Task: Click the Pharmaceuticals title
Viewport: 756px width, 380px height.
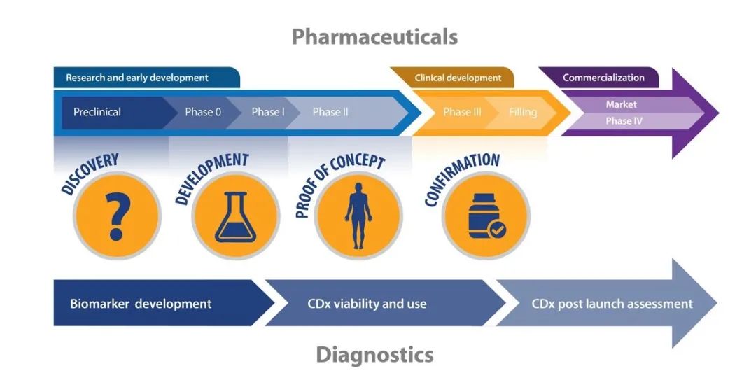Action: (374, 36)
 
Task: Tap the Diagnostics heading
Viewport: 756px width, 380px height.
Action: (374, 355)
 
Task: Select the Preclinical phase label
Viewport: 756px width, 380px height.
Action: (97, 112)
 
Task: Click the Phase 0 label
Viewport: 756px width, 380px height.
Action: (203, 112)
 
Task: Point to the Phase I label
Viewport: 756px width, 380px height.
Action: (268, 112)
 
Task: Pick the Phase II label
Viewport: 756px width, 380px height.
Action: (330, 112)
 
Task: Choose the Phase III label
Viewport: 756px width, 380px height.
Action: (462, 112)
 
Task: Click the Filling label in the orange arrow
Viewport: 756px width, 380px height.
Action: (523, 112)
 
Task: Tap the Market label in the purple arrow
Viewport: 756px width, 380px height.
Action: (622, 104)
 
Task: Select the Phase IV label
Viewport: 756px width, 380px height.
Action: (624, 120)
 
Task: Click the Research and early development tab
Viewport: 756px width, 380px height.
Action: (137, 78)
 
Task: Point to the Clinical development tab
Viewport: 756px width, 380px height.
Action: (458, 78)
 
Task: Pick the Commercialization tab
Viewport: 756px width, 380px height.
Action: (603, 78)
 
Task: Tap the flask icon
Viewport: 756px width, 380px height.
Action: (235, 216)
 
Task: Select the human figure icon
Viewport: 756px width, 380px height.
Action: (358, 215)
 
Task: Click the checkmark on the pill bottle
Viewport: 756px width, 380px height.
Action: (497, 230)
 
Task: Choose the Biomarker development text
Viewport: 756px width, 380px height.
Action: (141, 304)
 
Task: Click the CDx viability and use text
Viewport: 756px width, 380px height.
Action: (367, 304)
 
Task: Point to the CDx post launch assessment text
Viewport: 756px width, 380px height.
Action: (612, 304)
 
